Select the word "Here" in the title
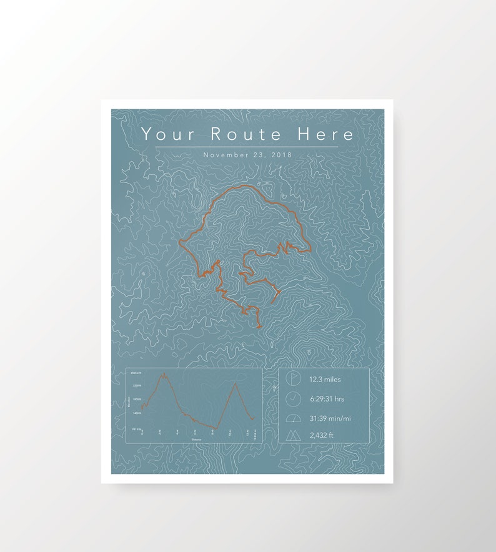point(325,134)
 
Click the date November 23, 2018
point(247,155)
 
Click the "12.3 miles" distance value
point(325,379)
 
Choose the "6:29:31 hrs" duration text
point(327,398)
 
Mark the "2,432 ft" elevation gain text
point(321,435)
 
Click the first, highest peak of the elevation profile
point(164,374)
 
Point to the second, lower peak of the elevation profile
point(236,383)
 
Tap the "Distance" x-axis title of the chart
point(197,440)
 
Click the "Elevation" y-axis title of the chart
point(129,402)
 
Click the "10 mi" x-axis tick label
point(230,433)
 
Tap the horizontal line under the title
point(246,147)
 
